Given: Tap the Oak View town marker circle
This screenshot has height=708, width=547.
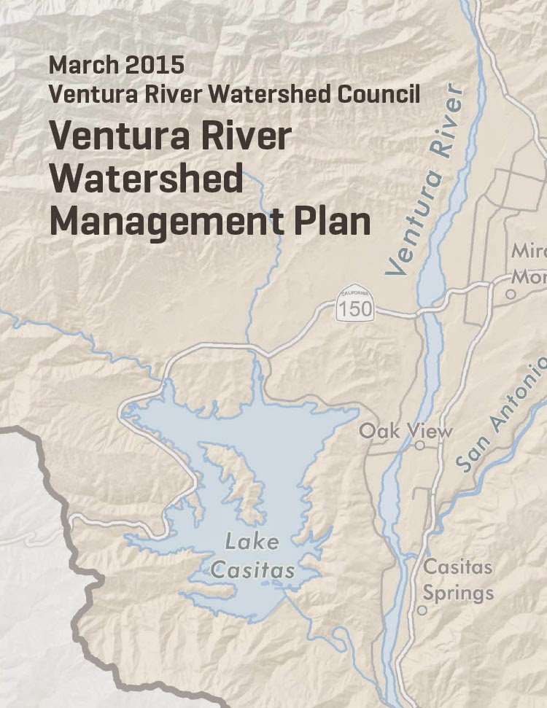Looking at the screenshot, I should coord(419,445).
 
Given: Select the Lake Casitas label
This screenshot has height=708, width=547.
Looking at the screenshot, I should coord(253,556).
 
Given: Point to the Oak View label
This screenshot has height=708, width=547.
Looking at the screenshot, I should coord(405,430).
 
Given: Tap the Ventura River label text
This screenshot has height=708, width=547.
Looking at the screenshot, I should coord(427,182).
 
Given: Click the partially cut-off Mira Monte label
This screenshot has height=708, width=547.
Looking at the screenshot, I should coord(528,264).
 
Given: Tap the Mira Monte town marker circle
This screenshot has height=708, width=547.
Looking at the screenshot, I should coord(511,295).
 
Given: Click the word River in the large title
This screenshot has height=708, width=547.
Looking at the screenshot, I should coord(252,137).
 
